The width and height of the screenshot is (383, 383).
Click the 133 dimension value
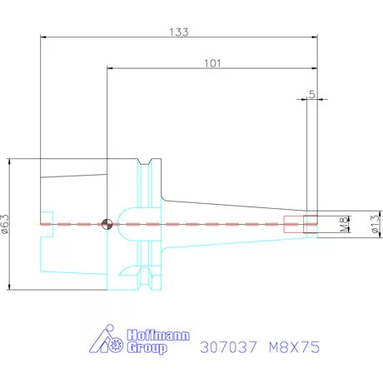[x=179, y=32]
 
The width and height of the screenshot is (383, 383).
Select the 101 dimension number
[x=212, y=63]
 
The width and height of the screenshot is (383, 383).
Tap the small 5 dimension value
[x=312, y=95]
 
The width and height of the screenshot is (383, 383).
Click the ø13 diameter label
[x=375, y=224]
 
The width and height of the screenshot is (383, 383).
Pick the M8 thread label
[x=344, y=224]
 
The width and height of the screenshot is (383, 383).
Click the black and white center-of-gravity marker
[x=107, y=224]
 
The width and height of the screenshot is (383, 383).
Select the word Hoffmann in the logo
[x=158, y=336]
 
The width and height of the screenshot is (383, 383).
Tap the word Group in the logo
[x=147, y=348]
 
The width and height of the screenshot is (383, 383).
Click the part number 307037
[x=228, y=347]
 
